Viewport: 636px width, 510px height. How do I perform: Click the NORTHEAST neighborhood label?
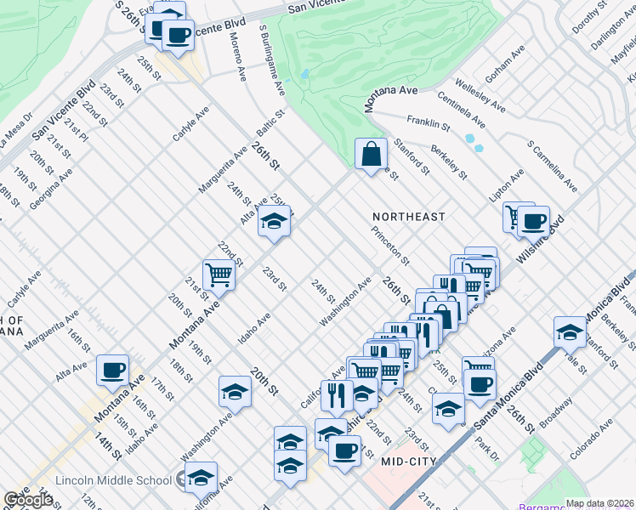(x=408, y=217)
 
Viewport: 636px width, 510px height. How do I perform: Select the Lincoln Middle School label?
(x=113, y=480)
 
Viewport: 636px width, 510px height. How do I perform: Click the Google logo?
(x=27, y=500)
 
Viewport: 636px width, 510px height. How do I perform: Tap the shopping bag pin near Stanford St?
(x=371, y=154)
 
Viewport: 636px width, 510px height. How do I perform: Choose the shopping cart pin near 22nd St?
(x=219, y=274)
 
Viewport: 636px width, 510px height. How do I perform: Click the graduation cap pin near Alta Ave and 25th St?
(x=274, y=221)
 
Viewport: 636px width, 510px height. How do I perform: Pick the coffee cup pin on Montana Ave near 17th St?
(x=112, y=370)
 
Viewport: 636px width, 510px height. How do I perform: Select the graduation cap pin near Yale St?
(x=569, y=331)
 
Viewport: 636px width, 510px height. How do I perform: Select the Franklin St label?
(x=428, y=123)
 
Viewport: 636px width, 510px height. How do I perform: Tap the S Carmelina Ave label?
(x=553, y=167)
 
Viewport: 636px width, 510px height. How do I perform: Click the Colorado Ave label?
(x=592, y=439)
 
